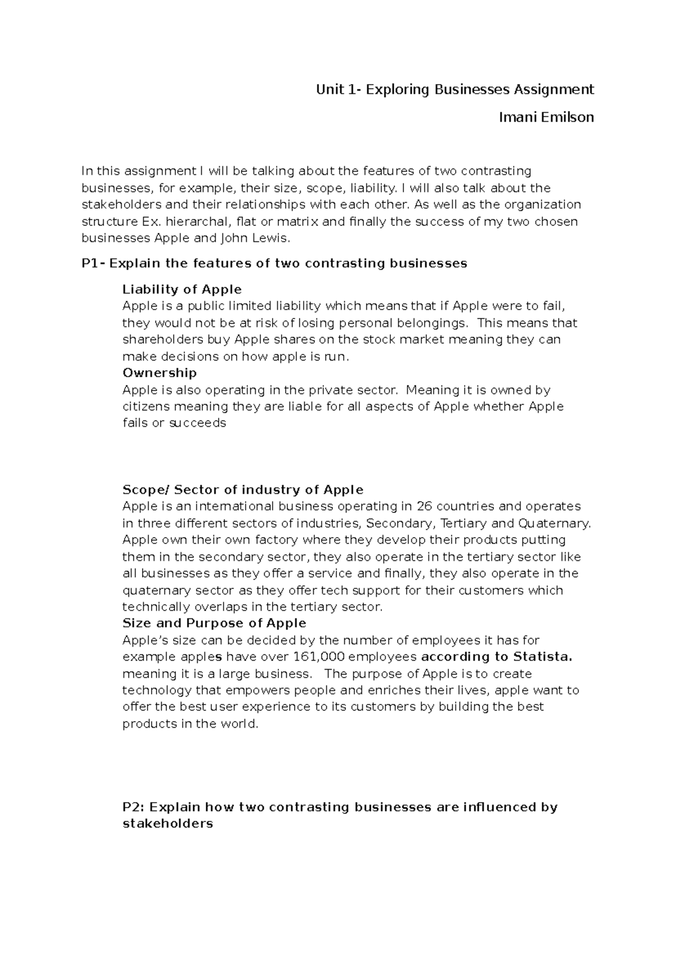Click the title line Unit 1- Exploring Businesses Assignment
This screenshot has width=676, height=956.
(455, 89)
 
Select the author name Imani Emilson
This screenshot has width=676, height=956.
(546, 117)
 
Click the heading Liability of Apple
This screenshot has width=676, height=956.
(181, 289)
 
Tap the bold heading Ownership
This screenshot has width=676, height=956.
(159, 373)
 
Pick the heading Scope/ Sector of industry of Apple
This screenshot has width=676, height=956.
(242, 489)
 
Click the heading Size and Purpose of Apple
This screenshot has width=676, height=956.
(214, 623)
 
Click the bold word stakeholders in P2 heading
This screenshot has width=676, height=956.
(167, 824)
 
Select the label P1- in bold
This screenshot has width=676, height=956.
(93, 263)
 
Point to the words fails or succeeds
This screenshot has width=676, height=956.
(174, 423)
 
